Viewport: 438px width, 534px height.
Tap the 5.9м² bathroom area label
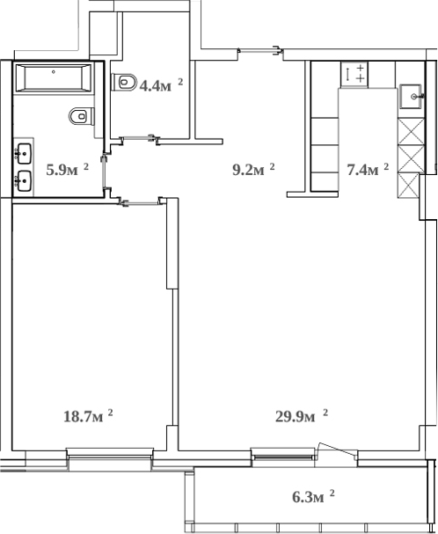click(x=67, y=169)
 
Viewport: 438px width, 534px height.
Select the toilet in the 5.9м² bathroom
click(x=80, y=114)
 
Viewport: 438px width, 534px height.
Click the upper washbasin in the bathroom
click(x=23, y=154)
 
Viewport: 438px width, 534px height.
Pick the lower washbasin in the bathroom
click(x=23, y=181)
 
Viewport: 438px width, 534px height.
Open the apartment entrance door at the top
click(x=261, y=50)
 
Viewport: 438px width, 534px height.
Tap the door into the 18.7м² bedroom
click(x=140, y=203)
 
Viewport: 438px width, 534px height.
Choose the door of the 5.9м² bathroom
click(x=106, y=172)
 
